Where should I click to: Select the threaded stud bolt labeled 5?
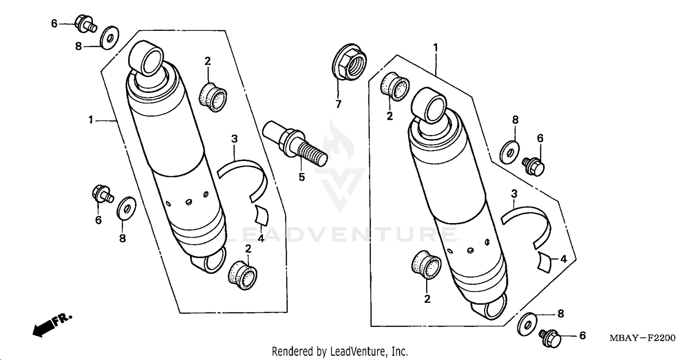(x=294, y=141)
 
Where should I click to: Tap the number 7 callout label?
(x=338, y=105)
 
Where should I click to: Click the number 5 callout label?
(x=301, y=177)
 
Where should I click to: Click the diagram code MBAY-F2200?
(x=642, y=339)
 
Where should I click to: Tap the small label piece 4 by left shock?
(x=262, y=215)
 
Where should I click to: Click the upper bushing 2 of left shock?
(x=213, y=96)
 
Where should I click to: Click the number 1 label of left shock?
(x=91, y=120)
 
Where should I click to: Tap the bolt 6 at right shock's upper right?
(x=534, y=166)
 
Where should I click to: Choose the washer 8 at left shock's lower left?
(x=126, y=208)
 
